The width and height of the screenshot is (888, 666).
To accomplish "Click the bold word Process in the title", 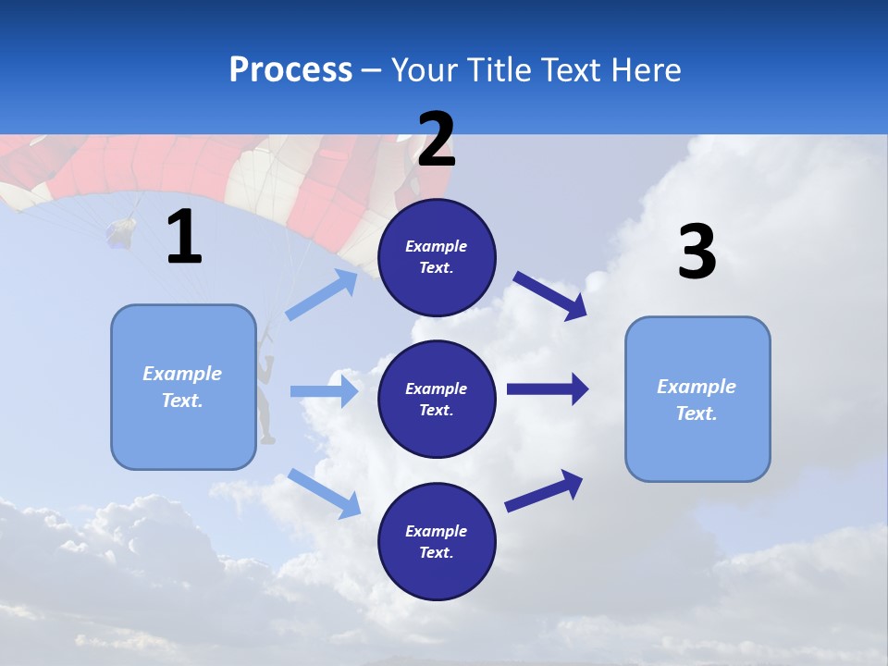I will pyautogui.click(x=290, y=70).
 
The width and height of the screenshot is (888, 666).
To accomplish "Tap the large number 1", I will pyautogui.click(x=184, y=238).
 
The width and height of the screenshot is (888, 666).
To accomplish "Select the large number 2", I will pyautogui.click(x=436, y=141).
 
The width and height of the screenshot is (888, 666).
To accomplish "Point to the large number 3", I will pyautogui.click(x=697, y=253).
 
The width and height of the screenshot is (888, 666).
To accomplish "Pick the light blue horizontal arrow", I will pyautogui.click(x=324, y=391).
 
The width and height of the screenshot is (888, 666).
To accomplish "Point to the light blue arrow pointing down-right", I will pyautogui.click(x=324, y=492).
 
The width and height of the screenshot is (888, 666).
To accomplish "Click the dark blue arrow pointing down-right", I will pyautogui.click(x=549, y=296).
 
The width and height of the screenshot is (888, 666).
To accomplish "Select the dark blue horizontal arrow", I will pyautogui.click(x=547, y=388).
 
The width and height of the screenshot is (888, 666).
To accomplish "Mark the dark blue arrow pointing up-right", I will pyautogui.click(x=544, y=490).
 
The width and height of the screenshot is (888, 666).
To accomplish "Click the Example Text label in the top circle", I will pyautogui.click(x=437, y=257).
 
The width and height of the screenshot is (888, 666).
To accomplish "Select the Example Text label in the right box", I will pyautogui.click(x=697, y=400).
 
